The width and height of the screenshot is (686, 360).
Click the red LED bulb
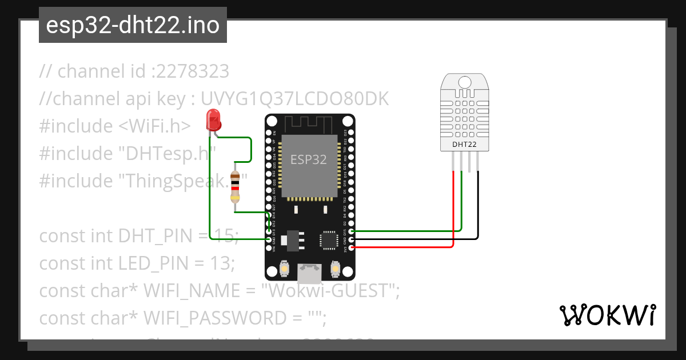click(x=214, y=119)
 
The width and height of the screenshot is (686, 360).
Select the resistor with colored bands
click(x=234, y=187)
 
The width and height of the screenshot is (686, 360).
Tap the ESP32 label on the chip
click(x=308, y=159)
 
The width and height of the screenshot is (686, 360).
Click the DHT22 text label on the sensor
click(x=465, y=145)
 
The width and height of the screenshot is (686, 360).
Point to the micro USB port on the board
click(x=309, y=274)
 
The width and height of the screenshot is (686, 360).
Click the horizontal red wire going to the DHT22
click(x=400, y=247)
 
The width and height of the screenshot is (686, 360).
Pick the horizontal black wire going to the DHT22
click(x=412, y=239)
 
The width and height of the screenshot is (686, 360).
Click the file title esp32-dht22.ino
click(x=133, y=26)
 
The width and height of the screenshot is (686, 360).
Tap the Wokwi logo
click(x=607, y=315)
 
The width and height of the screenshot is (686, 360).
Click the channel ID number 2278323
click(x=192, y=71)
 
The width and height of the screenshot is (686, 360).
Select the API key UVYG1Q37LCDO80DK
click(x=294, y=99)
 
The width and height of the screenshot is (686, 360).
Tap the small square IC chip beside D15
click(x=330, y=240)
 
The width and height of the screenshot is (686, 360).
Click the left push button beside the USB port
click(x=284, y=267)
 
